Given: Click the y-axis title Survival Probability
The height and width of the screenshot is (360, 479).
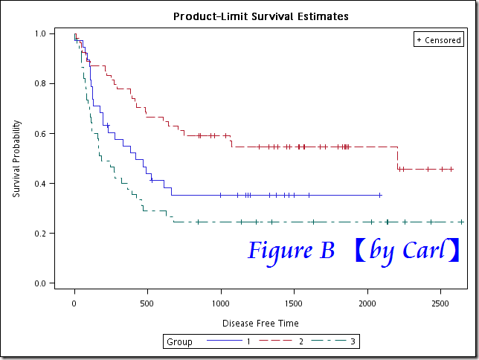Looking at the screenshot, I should tap(16, 158).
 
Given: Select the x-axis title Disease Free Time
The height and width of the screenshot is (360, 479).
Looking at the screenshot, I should tap(260, 323).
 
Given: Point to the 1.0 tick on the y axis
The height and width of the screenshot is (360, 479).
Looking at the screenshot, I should tap(39, 33).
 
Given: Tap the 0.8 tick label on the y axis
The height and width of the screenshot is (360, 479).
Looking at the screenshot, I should tap(39, 83).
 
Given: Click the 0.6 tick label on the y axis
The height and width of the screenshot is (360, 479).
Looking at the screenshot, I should tap(39, 133).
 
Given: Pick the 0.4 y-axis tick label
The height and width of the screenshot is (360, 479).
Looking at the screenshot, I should tap(39, 184).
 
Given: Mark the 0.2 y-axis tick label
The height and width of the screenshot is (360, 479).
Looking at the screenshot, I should tap(39, 234).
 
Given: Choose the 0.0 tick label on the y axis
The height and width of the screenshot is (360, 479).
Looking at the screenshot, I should tap(39, 283).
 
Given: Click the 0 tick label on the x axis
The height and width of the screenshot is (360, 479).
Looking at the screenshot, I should tap(74, 304).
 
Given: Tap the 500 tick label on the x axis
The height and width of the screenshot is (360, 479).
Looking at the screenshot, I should tap(147, 304).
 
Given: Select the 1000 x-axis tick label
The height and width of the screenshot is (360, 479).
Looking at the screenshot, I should tap(221, 304).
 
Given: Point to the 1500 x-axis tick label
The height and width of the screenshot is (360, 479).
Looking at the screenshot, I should tap(295, 304).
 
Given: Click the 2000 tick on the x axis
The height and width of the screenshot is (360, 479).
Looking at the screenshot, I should tap(367, 304).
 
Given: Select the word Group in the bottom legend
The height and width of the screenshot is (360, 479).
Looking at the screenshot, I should tap(179, 342).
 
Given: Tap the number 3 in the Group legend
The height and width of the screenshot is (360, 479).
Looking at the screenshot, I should tap(353, 342).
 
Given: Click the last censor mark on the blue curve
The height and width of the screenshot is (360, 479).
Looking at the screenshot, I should tap(380, 195).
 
